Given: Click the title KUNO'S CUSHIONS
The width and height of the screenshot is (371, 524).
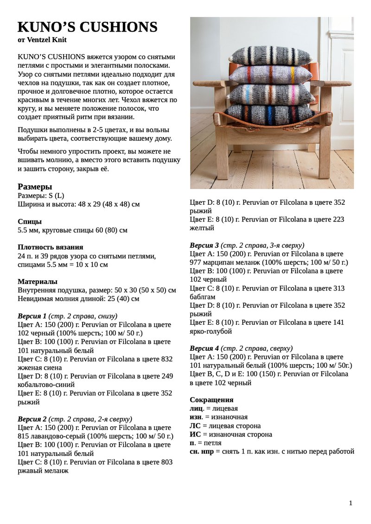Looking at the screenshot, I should (x=87, y=27).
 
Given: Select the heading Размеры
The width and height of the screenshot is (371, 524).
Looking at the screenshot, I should (x=35, y=187).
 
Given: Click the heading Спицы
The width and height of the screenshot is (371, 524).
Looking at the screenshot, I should (x=30, y=221).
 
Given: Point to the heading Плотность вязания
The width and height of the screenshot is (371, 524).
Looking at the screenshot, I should (x=50, y=247).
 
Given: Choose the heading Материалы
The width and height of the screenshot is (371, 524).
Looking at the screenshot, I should (x=38, y=282).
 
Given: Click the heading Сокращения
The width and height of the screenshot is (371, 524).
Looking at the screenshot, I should (x=211, y=400).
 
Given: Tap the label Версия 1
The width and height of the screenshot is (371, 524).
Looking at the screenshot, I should (x=32, y=316).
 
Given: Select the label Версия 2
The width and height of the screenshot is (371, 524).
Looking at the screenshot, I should (x=32, y=419).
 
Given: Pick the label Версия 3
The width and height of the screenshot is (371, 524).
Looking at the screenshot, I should (x=205, y=245).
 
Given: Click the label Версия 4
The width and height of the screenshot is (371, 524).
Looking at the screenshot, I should (x=205, y=348).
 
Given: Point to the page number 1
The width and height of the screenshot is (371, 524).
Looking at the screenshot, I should (x=351, y=503).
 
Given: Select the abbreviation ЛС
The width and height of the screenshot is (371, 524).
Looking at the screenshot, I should (x=195, y=426).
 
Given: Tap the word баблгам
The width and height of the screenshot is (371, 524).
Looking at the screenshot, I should (x=203, y=297).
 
